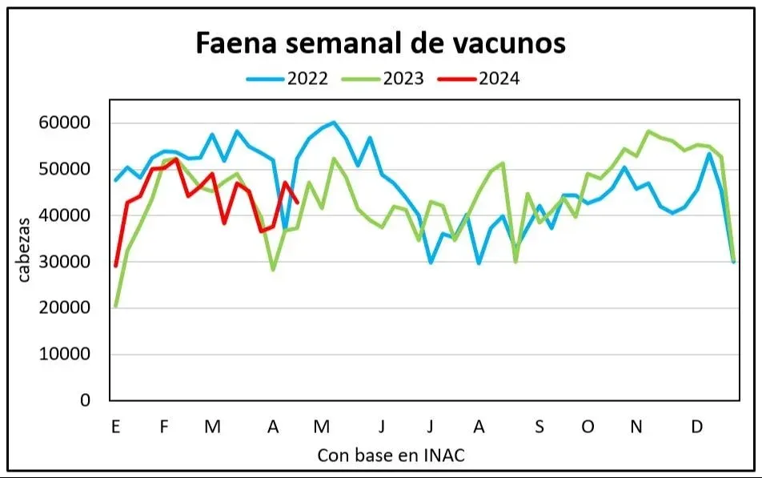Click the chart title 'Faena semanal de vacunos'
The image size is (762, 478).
coord(381,43)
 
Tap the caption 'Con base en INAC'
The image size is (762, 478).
coord(391,455)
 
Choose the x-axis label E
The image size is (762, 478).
coord(116,427)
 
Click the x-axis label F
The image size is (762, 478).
coord(164,427)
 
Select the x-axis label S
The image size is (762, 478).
coord(539,427)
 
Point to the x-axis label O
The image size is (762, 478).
coord(588,427)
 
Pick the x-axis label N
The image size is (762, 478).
coord(636,427)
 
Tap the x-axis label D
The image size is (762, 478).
coord(696,427)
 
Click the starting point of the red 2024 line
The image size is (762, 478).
coord(116,266)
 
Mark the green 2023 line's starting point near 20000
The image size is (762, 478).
coord(116,306)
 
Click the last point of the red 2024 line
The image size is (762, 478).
coord(298,202)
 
